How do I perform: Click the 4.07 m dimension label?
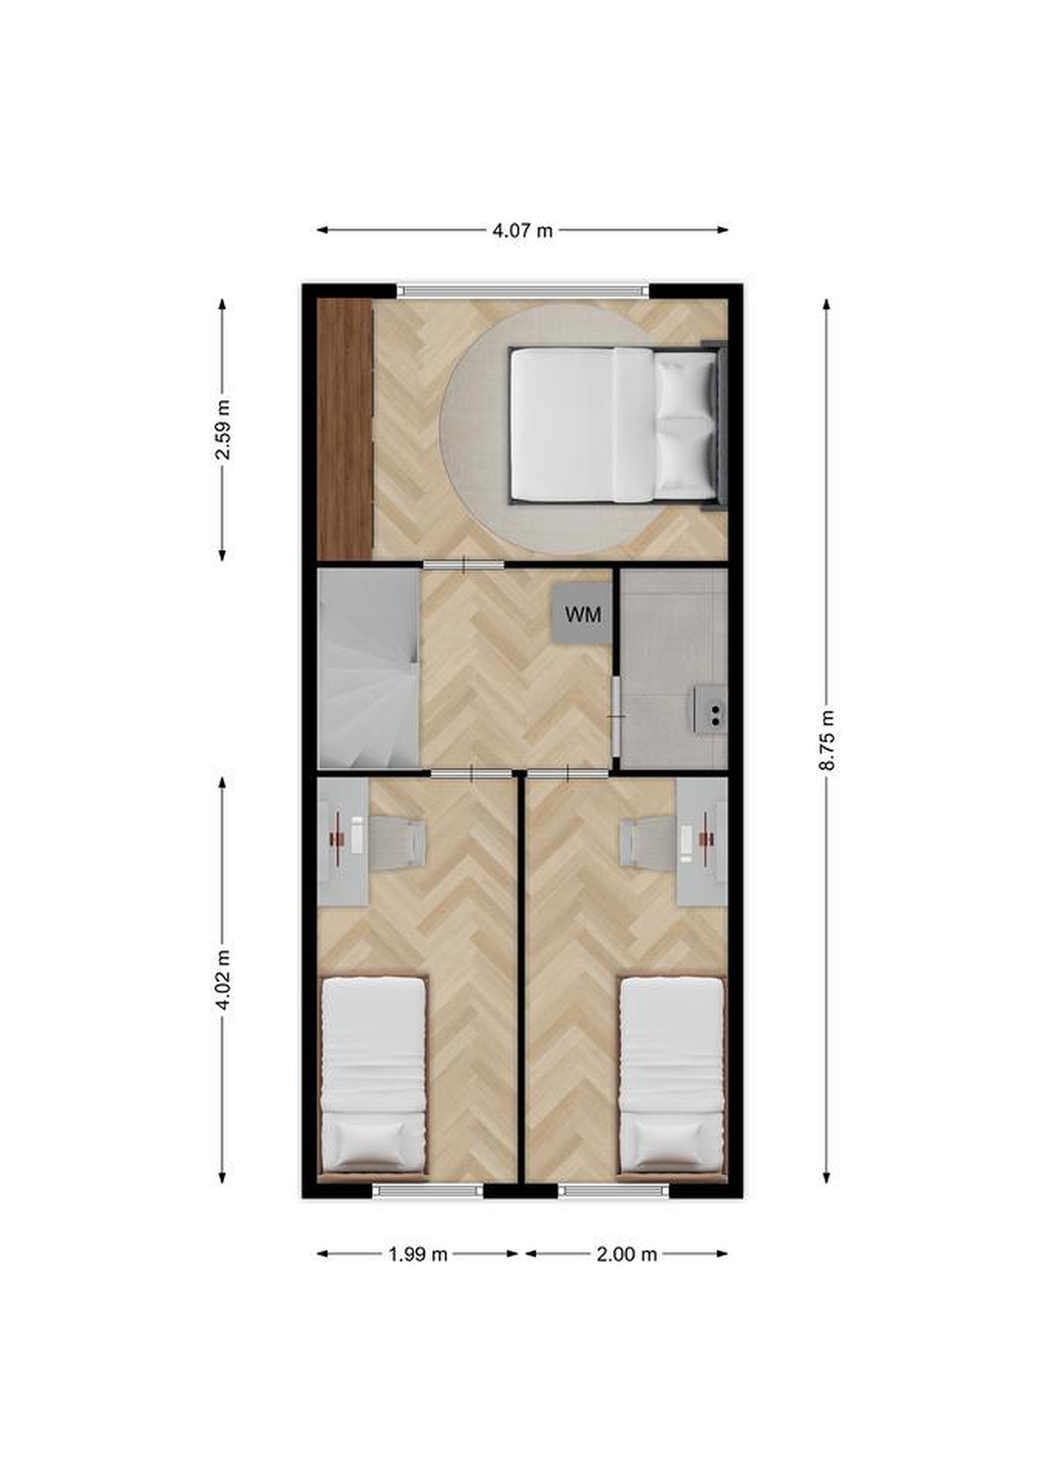tap(523, 231)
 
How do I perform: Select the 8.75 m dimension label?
tap(827, 740)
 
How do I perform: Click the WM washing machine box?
tap(582, 614)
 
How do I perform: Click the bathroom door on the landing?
tap(617, 716)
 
